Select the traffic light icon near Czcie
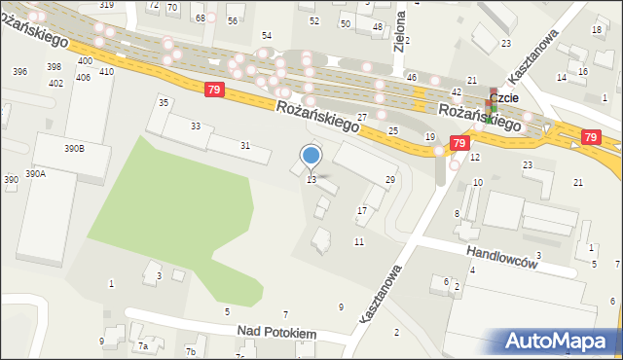tap(492, 113)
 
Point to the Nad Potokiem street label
tap(277, 333)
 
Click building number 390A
tap(35, 173)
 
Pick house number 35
tap(164, 102)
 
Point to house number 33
tap(196, 126)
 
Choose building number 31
tap(245, 146)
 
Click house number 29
tap(390, 180)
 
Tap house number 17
tap(362, 210)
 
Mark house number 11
tap(359, 241)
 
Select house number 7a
tap(143, 345)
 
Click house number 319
tap(106, 5)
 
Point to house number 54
tap(267, 35)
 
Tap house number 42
tap(457, 91)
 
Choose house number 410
tap(106, 72)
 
